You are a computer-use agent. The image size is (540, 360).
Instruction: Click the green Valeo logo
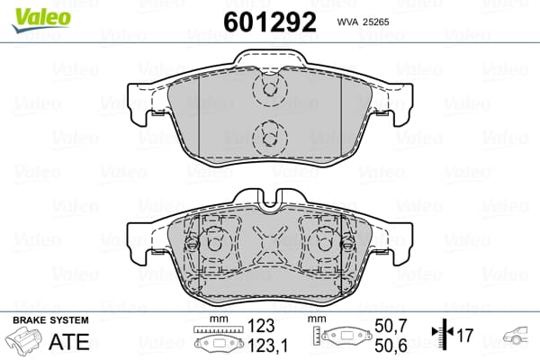[x=41, y=20]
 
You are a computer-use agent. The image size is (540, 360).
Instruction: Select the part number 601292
[x=270, y=22]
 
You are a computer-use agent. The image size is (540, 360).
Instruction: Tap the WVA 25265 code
[x=363, y=22]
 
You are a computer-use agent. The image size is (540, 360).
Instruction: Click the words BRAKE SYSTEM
[x=50, y=320]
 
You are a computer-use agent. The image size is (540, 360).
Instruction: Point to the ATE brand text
[x=69, y=342]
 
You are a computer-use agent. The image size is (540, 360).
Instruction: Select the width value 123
[x=261, y=326]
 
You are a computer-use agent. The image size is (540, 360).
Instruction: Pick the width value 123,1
[x=267, y=346]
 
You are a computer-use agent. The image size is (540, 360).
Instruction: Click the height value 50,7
[x=391, y=326]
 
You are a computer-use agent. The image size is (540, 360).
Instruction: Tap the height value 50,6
[x=391, y=346]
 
